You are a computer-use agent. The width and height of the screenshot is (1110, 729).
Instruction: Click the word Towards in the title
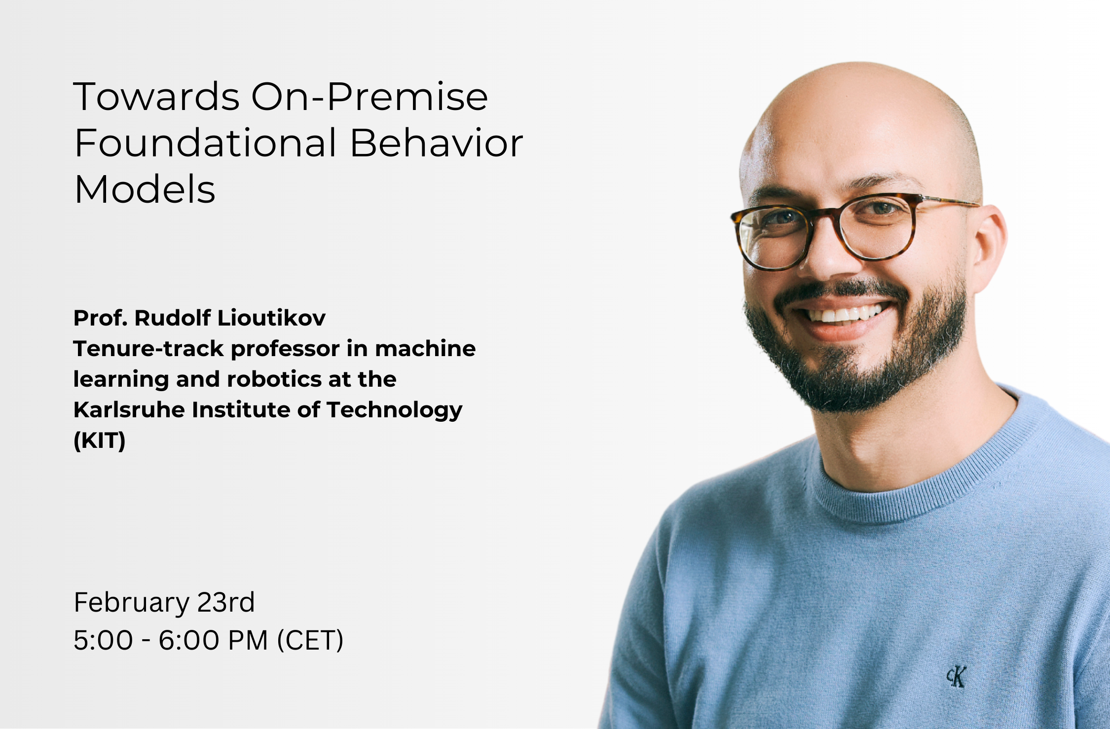pyautogui.click(x=156, y=97)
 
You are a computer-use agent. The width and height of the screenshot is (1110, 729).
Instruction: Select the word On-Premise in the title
pyautogui.click(x=370, y=97)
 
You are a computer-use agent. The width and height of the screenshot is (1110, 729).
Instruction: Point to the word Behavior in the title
pyautogui.click(x=436, y=143)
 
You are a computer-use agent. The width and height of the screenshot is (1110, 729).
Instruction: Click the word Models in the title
pyautogui.click(x=145, y=190)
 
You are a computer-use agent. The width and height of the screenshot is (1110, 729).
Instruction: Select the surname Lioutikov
pyautogui.click(x=271, y=318)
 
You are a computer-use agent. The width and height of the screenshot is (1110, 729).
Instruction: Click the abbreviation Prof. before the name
pyautogui.click(x=100, y=318)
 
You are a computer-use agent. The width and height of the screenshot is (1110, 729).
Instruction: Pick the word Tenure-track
pyautogui.click(x=148, y=349)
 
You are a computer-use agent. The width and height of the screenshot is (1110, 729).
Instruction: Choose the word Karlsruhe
pyautogui.click(x=129, y=410)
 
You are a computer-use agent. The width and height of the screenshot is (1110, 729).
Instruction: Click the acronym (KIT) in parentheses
pyautogui.click(x=99, y=440)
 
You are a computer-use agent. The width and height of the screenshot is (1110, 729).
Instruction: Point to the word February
pyautogui.click(x=131, y=603)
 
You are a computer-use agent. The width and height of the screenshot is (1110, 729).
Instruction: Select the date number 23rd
pyautogui.click(x=225, y=603)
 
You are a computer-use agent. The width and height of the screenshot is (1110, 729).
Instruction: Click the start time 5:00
pyautogui.click(x=103, y=640)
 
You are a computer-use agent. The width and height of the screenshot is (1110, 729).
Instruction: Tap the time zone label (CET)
pyautogui.click(x=310, y=640)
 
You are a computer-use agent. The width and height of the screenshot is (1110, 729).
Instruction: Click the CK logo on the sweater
pyautogui.click(x=956, y=677)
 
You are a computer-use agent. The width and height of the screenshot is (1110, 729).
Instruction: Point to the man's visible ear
pyautogui.click(x=990, y=247)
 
